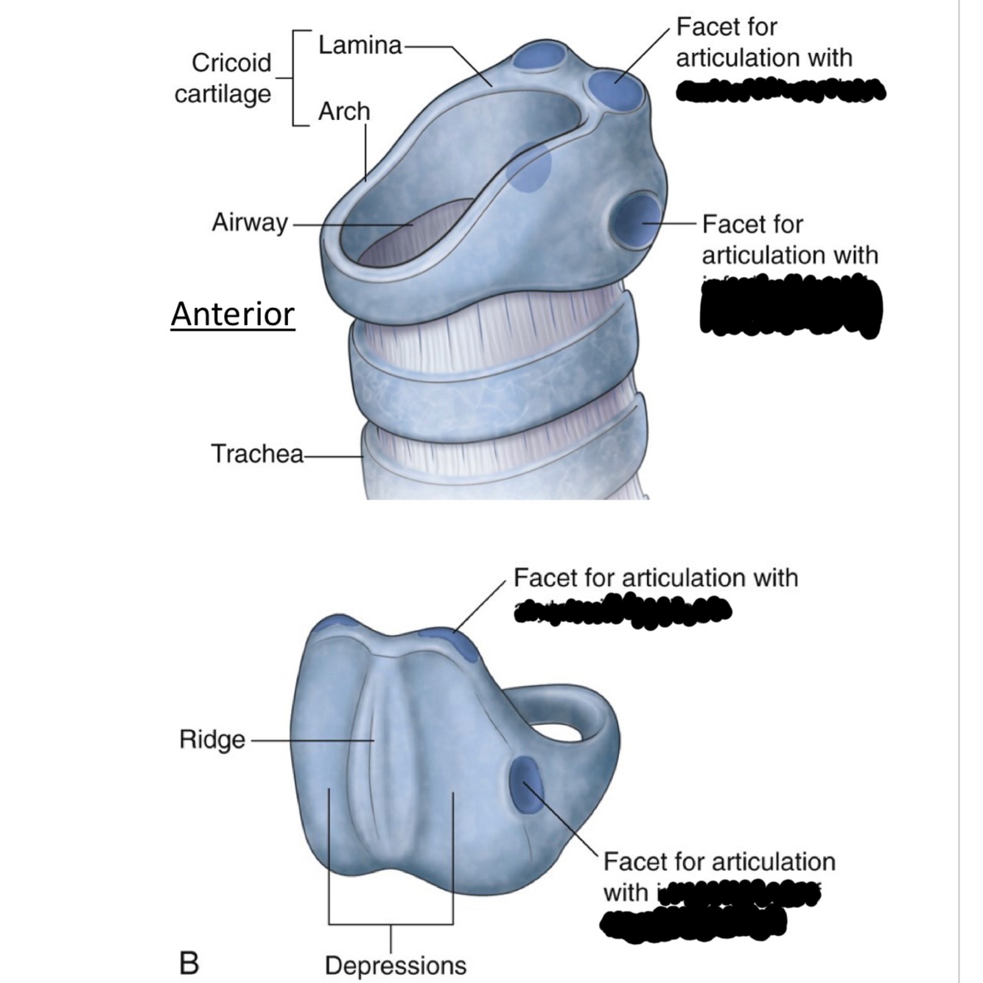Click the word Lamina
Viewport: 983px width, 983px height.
point(360,46)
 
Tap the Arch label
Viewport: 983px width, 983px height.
point(344,112)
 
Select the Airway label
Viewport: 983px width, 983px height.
point(249,222)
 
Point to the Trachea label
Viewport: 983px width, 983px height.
point(256,453)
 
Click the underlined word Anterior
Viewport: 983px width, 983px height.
point(233,315)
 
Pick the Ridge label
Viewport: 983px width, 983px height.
point(212,739)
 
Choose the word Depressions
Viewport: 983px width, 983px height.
point(396,965)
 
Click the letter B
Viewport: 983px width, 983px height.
point(189,962)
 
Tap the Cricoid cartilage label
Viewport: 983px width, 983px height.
point(223,78)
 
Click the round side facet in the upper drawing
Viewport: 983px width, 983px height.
point(638,219)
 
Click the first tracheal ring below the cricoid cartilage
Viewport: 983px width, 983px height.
point(494,391)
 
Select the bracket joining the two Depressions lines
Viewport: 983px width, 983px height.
point(391,923)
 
